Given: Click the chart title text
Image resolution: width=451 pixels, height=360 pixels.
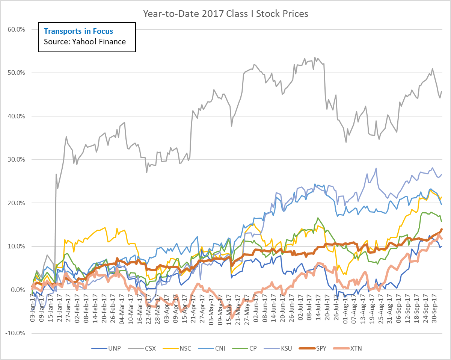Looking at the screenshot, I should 225,14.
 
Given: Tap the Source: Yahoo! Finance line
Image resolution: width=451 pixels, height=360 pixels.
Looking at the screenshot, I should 84,42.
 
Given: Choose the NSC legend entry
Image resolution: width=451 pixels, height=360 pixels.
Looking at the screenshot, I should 185,348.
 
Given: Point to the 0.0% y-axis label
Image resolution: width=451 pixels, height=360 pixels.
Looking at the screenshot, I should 18,290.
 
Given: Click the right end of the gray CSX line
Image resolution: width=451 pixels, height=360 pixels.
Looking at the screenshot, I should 441,91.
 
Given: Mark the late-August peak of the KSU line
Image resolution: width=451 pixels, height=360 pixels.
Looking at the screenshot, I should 376,168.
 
